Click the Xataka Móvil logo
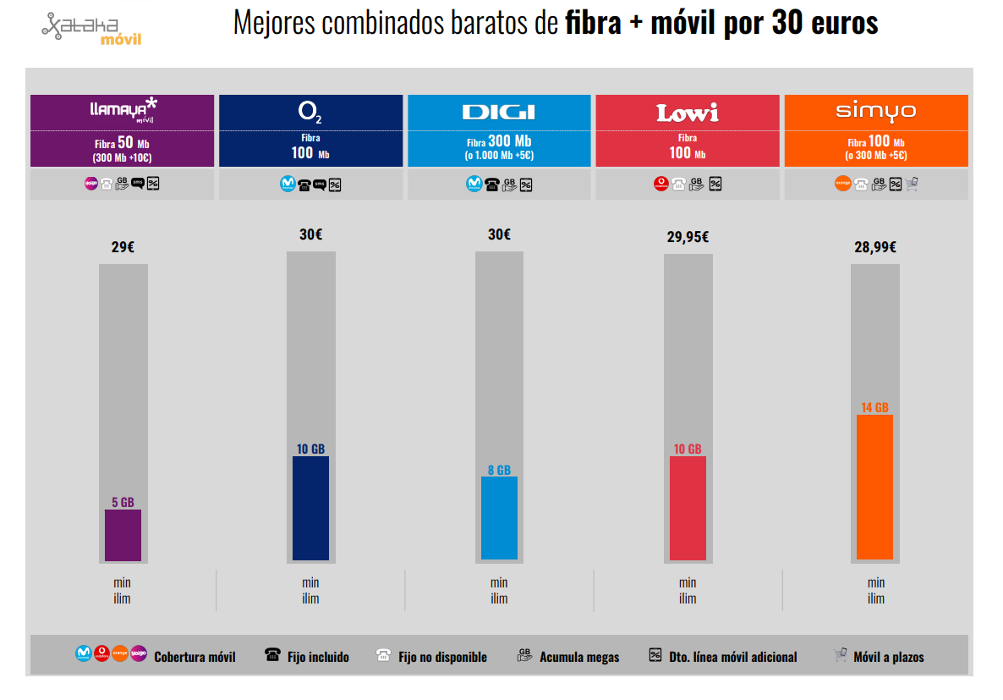pyautogui.click(x=91, y=29)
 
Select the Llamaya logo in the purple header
pyautogui.click(x=123, y=110)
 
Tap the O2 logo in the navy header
pyautogui.click(x=310, y=113)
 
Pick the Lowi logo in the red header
pyautogui.click(x=687, y=113)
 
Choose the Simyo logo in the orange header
pyautogui.click(x=875, y=112)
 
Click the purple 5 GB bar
pyautogui.click(x=123, y=535)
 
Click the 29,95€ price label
pyautogui.click(x=687, y=238)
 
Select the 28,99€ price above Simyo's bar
pyautogui.click(x=874, y=247)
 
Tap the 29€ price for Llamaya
pyautogui.click(x=123, y=247)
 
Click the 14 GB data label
pyautogui.click(x=874, y=408)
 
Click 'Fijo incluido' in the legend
pyautogui.click(x=318, y=657)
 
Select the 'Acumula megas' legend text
pyautogui.click(x=579, y=657)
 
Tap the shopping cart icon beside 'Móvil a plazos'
pyautogui.click(x=840, y=655)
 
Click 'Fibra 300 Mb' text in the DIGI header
pyautogui.click(x=499, y=142)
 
